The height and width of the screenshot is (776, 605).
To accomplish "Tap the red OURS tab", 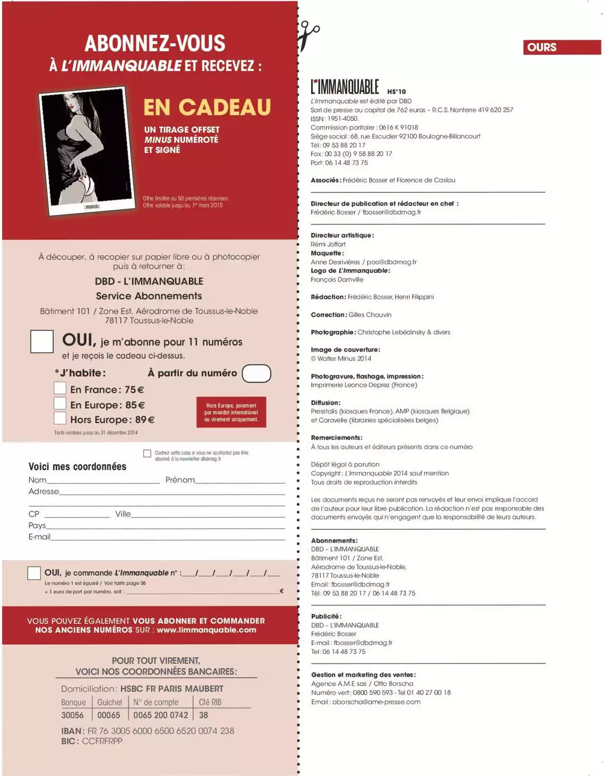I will [562, 47].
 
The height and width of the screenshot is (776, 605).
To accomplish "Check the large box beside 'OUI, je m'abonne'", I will [42, 341].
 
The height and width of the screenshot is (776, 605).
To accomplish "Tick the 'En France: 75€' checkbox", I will [60, 388].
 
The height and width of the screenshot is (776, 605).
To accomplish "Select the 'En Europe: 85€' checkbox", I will [60, 404].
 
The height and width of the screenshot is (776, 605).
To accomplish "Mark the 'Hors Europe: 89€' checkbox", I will [60, 418].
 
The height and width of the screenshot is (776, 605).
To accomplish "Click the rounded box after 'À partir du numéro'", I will [256, 373].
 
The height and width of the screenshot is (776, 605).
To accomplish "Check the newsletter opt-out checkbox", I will [147, 454].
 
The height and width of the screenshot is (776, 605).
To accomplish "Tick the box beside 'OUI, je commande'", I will [34, 573].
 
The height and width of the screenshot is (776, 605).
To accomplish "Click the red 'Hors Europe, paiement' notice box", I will [231, 412].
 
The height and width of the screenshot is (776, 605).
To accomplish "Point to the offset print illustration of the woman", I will [87, 150].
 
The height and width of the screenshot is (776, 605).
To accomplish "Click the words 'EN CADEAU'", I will [207, 107].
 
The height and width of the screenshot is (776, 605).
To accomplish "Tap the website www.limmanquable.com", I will [207, 630].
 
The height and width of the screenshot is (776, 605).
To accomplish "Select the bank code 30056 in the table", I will [72, 716].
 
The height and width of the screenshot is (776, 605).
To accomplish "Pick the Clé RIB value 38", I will [204, 716].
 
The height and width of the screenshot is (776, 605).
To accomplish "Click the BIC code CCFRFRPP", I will [102, 741].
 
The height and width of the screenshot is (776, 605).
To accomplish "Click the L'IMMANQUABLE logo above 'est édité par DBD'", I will [345, 87].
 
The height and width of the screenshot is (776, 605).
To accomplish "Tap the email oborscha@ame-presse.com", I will [376, 702].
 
